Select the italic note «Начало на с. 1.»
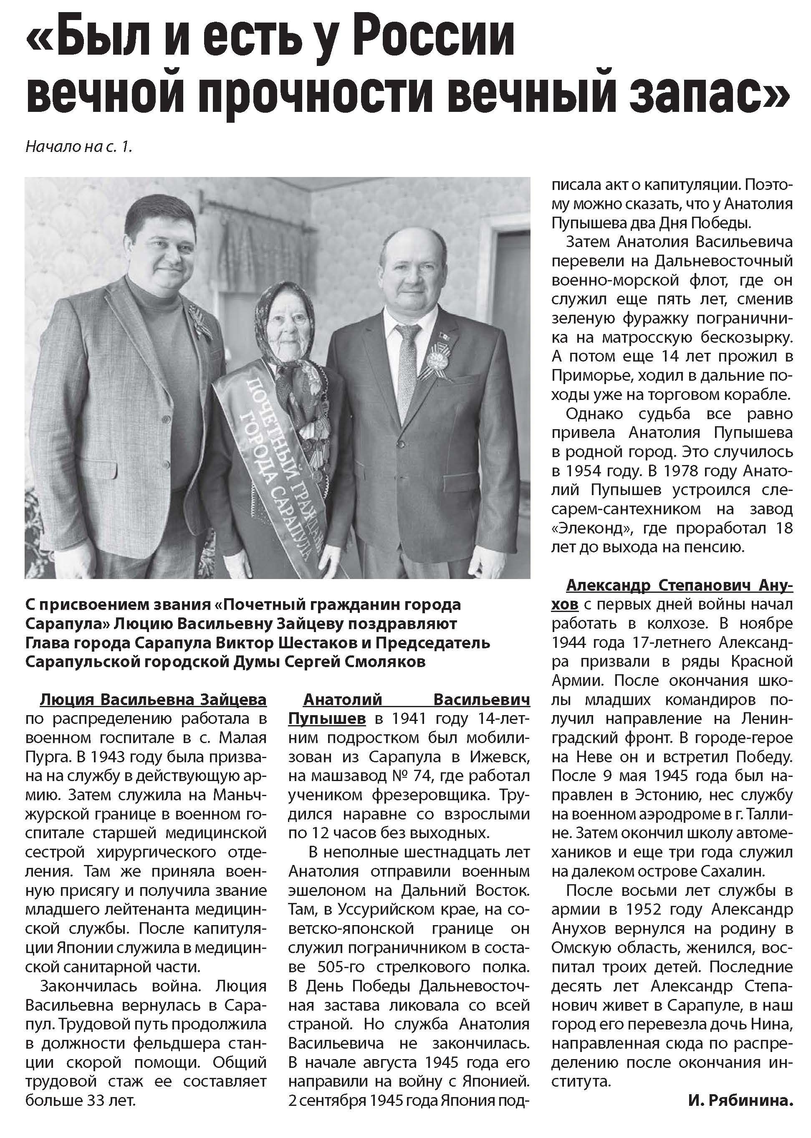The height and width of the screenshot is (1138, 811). [79, 147]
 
